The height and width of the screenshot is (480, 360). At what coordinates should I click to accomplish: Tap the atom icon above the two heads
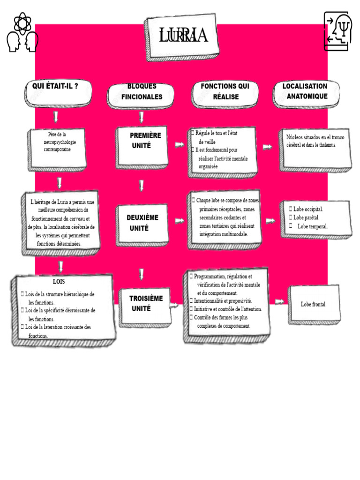(22, 22)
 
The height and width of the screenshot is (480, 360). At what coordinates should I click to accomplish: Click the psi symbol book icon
(336, 31)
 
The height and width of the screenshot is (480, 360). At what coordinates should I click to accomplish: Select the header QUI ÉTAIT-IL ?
(58, 93)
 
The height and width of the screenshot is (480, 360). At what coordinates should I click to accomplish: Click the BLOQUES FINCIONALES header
(141, 95)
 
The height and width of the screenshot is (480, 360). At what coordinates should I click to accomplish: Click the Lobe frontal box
(314, 305)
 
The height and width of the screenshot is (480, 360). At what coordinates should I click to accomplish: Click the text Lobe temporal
(313, 226)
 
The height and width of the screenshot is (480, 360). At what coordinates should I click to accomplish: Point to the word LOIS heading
(59, 282)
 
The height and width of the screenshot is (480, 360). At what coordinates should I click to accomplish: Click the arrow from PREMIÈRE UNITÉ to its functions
(180, 145)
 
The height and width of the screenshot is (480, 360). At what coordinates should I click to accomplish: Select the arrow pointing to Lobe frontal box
(279, 302)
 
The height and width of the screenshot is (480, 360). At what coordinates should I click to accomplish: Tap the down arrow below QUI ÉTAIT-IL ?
(56, 117)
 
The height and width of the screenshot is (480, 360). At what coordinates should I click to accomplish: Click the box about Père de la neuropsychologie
(57, 150)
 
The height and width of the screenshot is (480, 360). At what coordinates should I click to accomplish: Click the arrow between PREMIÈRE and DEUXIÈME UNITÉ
(142, 186)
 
